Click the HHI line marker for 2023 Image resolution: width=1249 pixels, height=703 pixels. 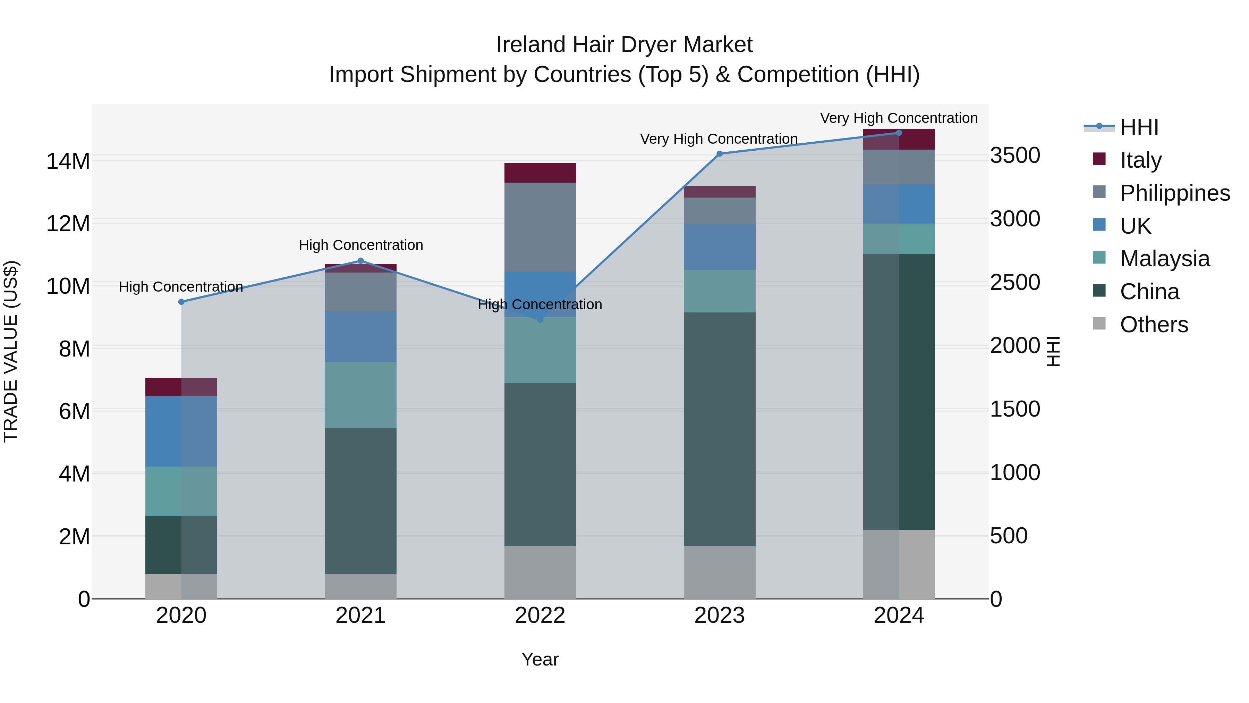[x=720, y=154]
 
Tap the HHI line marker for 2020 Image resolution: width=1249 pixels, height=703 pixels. [x=181, y=302]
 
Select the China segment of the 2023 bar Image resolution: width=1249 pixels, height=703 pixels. [x=720, y=429]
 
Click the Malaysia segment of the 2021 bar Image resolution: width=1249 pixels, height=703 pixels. [x=360, y=395]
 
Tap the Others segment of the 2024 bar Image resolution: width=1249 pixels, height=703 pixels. [x=899, y=564]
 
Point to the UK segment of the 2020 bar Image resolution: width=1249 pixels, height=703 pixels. [x=181, y=431]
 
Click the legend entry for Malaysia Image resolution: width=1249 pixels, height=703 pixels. [x=1164, y=259]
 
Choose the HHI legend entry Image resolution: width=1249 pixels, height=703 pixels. [x=1139, y=127]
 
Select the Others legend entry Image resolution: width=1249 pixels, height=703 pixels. [x=1154, y=325]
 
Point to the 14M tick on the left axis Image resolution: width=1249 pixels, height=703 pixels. [x=68, y=161]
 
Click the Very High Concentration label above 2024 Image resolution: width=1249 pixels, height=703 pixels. [x=899, y=118]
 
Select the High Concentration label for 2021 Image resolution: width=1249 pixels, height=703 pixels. [x=361, y=245]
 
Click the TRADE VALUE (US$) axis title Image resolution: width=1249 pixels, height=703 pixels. [x=11, y=351]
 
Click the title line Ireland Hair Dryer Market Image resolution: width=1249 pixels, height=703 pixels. [x=624, y=45]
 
